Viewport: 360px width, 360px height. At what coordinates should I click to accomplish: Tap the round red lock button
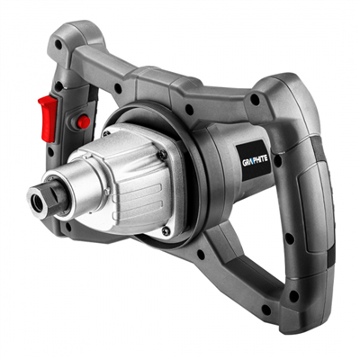click(x=83, y=121)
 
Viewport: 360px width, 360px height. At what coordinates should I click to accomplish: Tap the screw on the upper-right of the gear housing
click(x=162, y=154)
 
